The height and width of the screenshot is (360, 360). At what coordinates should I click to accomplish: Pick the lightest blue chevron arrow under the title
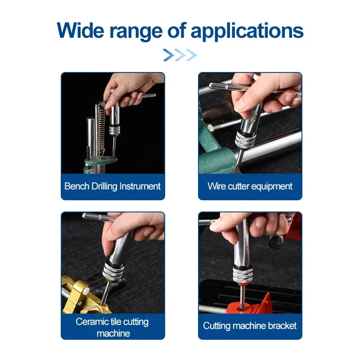192,55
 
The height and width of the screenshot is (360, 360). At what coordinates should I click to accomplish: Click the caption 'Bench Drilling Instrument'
112,186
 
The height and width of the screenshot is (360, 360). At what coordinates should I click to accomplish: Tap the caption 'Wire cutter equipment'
250,186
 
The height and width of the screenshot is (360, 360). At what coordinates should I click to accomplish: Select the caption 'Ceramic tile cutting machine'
112,328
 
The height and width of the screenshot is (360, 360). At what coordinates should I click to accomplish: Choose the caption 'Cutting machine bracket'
250,326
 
